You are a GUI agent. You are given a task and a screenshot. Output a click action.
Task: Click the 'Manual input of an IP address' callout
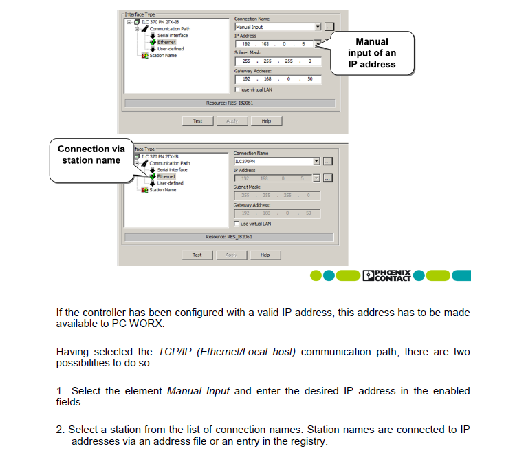point(371,53)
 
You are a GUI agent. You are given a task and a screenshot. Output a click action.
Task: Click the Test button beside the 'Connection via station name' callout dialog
point(197,255)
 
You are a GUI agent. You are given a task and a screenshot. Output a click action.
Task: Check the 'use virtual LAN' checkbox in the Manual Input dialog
point(238,89)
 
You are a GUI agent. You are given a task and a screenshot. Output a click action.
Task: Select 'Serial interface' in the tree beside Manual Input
point(172,35)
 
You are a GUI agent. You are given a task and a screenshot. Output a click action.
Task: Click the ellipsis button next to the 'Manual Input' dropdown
point(329,27)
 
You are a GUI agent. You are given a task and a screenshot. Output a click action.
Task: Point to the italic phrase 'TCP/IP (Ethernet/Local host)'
point(228,352)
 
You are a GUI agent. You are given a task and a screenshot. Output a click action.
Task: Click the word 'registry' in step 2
point(308,441)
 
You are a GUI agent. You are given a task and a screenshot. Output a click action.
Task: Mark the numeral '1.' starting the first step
point(61,391)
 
